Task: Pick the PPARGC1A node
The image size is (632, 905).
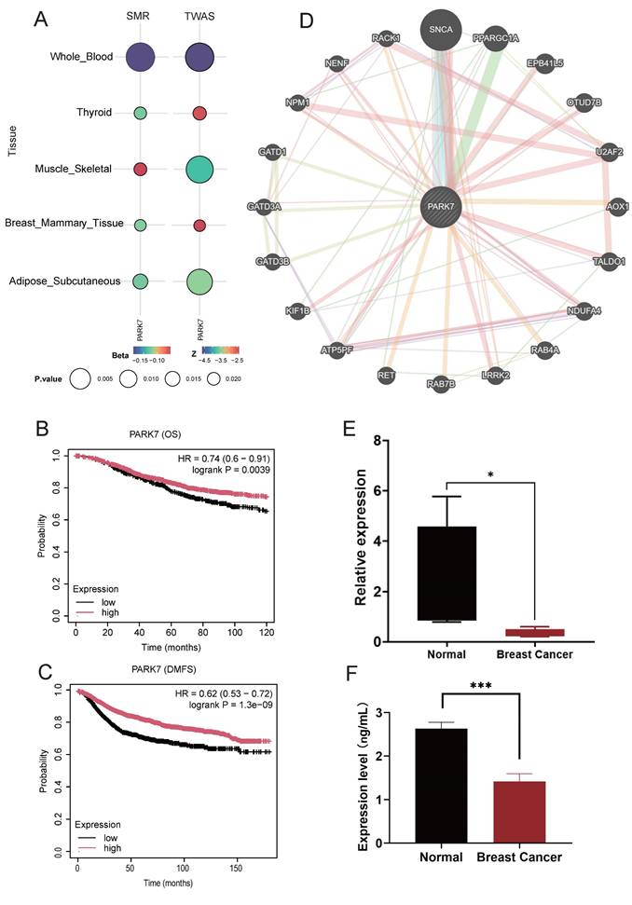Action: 496,37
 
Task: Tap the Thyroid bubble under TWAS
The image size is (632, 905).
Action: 199,113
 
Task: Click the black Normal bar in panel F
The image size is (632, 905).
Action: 428,786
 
